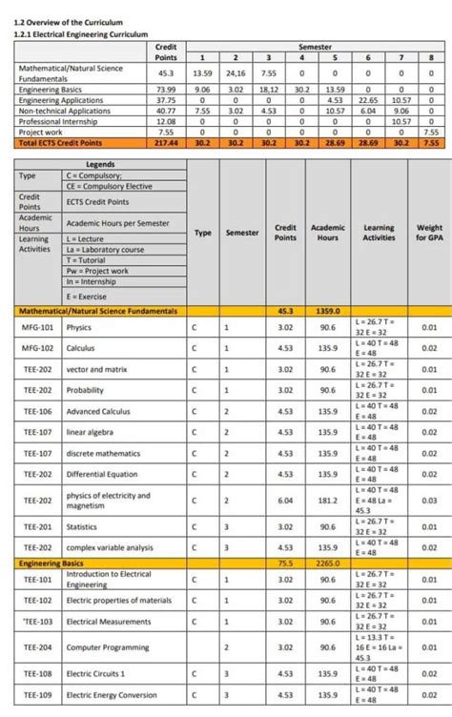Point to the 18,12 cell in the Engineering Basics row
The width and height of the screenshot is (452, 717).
(x=268, y=89)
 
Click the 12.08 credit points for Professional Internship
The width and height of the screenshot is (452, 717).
(x=165, y=121)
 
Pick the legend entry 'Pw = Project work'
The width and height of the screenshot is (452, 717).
(x=97, y=270)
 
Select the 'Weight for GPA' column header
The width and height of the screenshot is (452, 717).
(x=429, y=233)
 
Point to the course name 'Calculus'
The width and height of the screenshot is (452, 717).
(x=80, y=348)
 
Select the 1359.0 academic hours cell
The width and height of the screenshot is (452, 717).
(x=327, y=311)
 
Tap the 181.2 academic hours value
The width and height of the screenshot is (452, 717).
(x=327, y=500)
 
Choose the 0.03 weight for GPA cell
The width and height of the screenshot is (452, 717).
(x=429, y=500)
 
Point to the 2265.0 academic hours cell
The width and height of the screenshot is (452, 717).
(x=327, y=563)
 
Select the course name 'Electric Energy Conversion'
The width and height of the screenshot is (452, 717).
(x=112, y=694)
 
